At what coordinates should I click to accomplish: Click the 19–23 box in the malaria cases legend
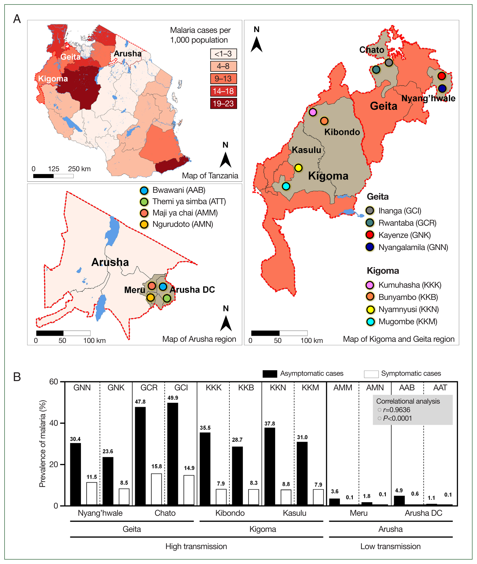(223, 103)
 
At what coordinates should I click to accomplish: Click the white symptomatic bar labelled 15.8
(156, 489)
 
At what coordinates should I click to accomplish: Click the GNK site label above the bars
(116, 388)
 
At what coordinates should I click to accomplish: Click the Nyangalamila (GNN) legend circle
(370, 247)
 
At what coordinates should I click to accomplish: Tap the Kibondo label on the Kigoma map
(342, 132)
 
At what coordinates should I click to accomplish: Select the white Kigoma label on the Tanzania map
(53, 79)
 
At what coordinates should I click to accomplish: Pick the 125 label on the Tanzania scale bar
(54, 169)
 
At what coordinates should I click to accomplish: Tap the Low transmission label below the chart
(390, 546)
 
